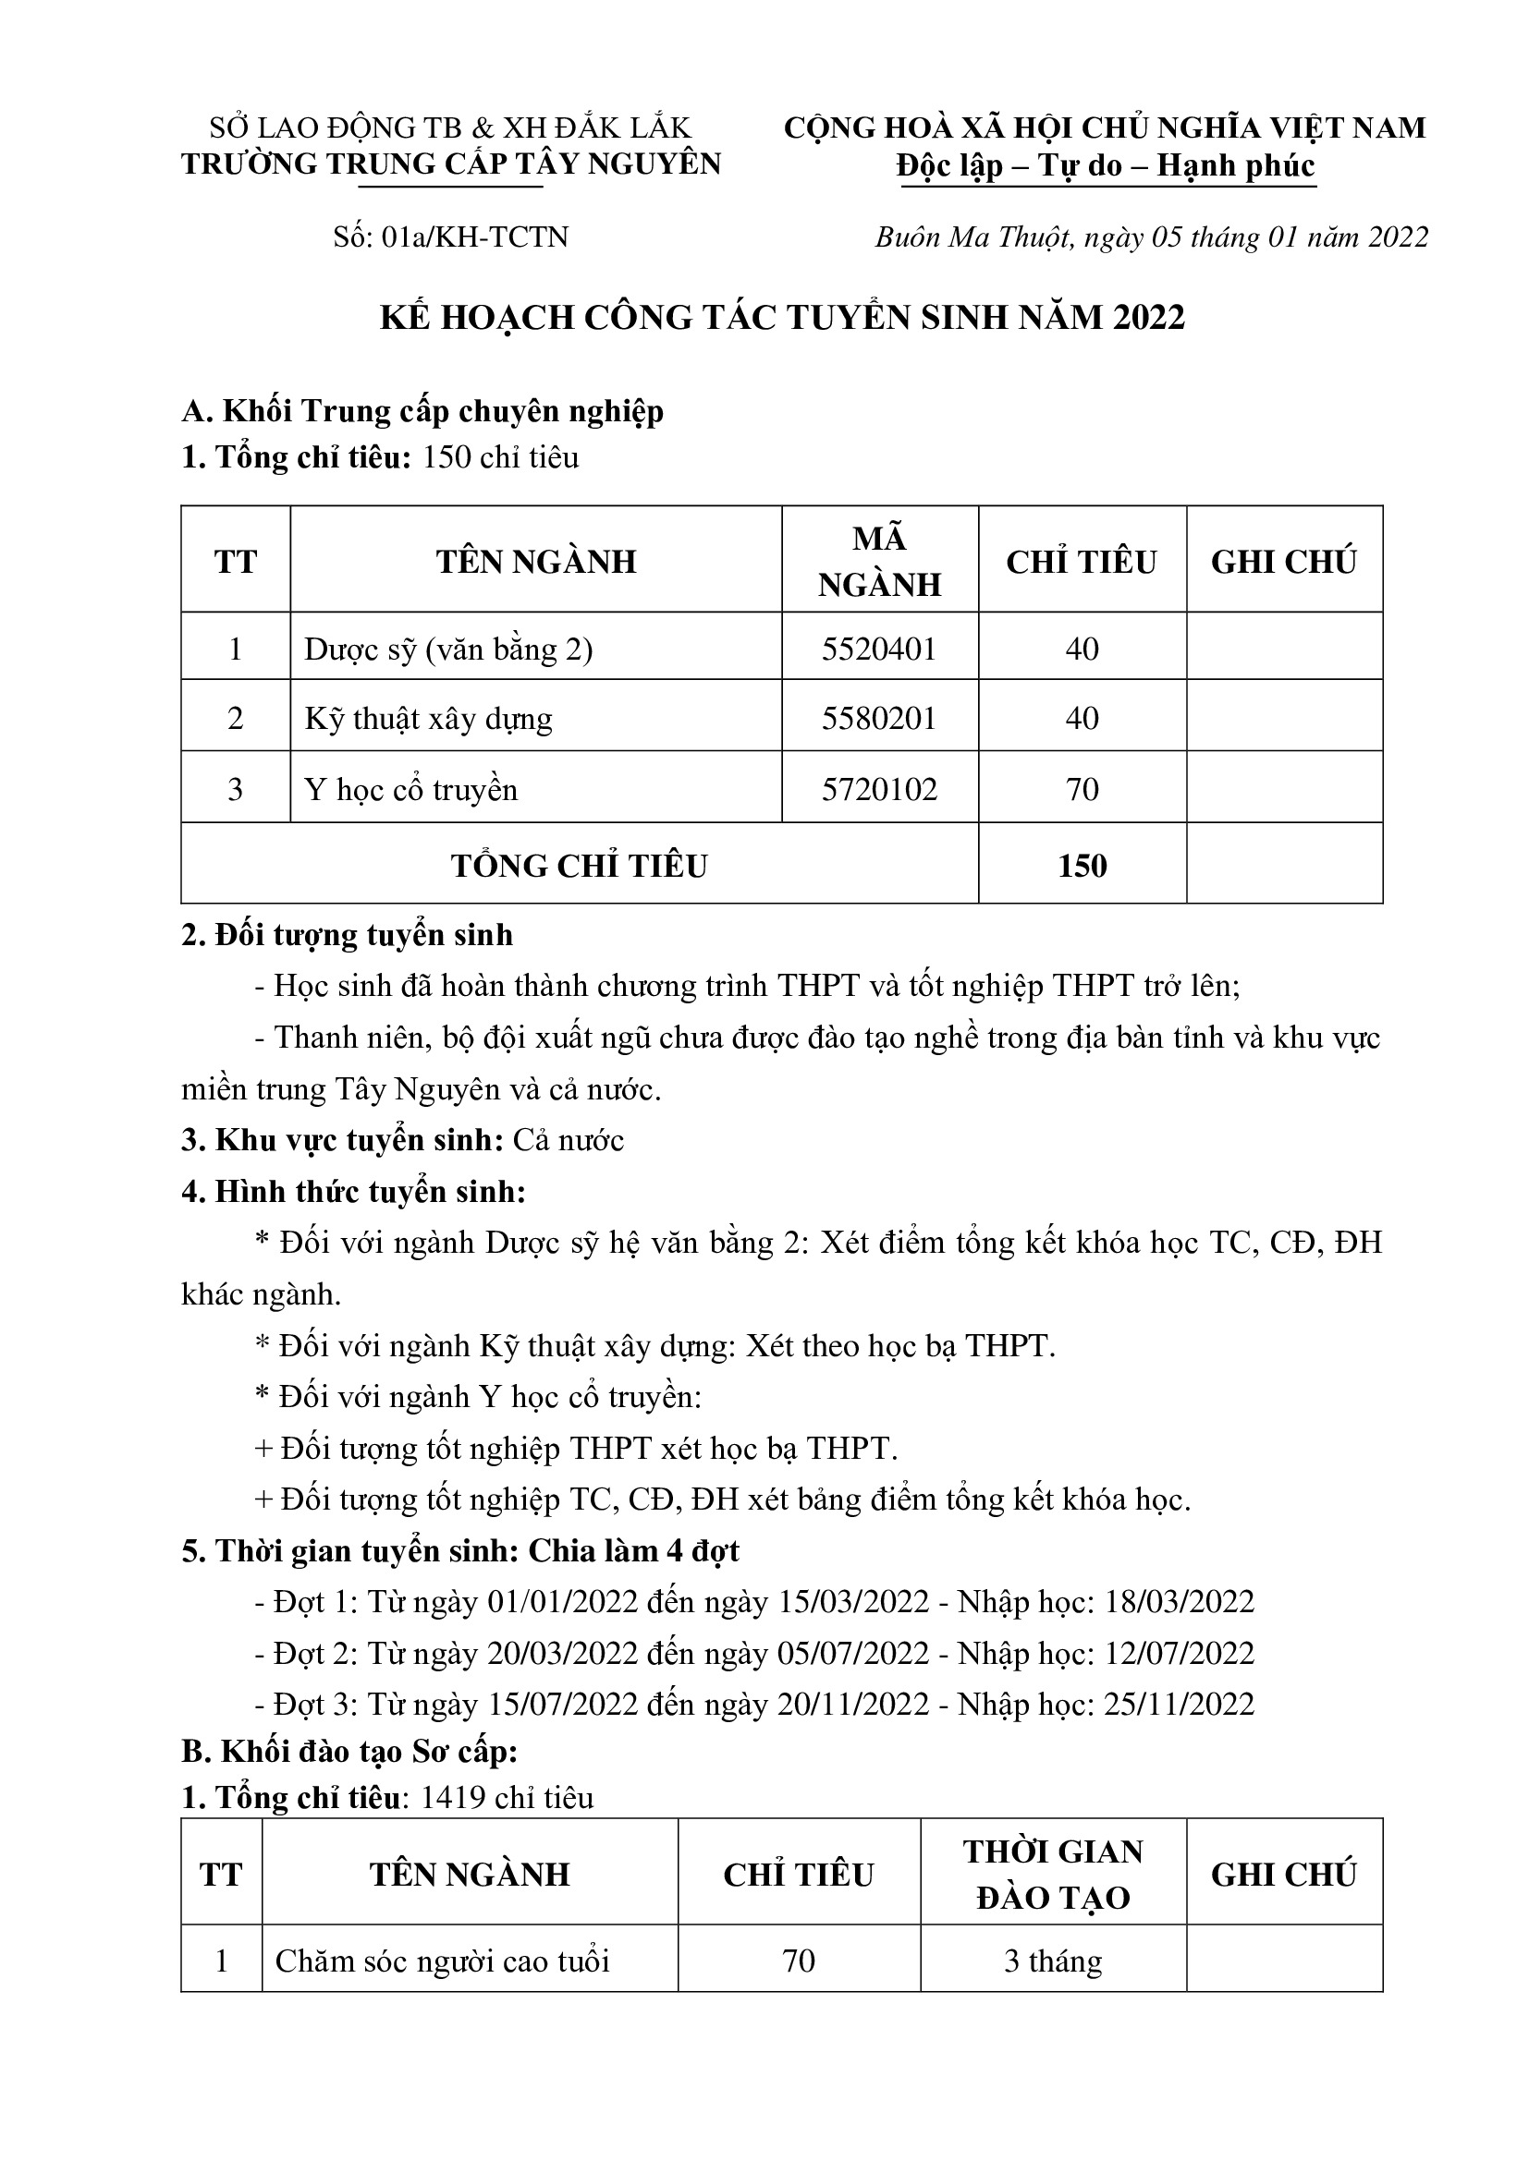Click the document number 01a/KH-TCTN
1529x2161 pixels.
click(x=474, y=237)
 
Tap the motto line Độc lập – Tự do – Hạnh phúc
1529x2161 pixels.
click(x=1107, y=165)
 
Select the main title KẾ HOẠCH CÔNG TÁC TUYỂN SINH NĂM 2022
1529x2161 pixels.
click(x=781, y=317)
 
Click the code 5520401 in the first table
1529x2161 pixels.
click(x=878, y=650)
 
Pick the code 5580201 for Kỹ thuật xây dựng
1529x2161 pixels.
click(x=878, y=719)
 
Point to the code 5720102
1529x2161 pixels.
click(x=878, y=789)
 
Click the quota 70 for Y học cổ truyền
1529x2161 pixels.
click(x=1082, y=789)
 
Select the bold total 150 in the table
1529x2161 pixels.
click(x=1082, y=866)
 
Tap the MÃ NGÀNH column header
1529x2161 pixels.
click(x=878, y=562)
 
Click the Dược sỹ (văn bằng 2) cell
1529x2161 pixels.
click(x=448, y=650)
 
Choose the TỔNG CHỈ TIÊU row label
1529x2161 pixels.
click(x=579, y=866)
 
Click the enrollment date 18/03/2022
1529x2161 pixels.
click(x=1179, y=1602)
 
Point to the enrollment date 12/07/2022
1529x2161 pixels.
click(x=1179, y=1654)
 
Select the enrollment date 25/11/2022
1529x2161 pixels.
click(x=1179, y=1705)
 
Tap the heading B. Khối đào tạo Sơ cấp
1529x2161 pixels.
click(x=349, y=1752)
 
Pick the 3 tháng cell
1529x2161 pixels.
click(x=1053, y=1961)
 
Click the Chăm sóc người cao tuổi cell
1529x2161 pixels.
click(x=443, y=1961)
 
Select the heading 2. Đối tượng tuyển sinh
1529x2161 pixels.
click(x=348, y=935)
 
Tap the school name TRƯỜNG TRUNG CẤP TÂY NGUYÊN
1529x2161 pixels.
click(x=451, y=164)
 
